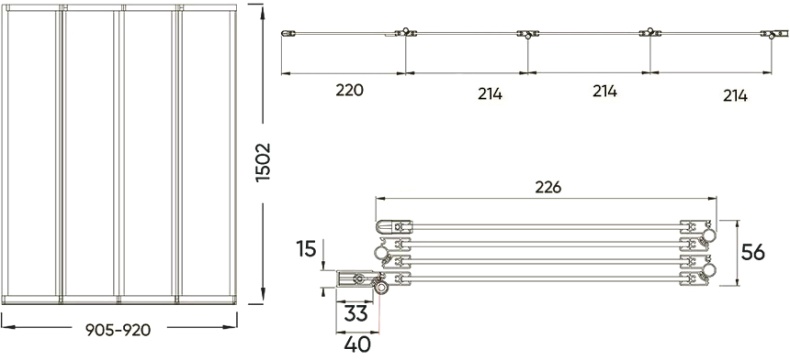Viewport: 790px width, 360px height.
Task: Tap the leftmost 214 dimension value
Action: [490, 94]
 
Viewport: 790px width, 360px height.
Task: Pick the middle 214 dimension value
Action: [604, 91]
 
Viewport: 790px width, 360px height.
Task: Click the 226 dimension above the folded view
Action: [547, 186]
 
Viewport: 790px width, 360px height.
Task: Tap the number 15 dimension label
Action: [308, 247]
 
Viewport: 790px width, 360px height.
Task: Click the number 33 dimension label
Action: [354, 312]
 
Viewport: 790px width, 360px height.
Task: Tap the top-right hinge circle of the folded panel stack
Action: [710, 233]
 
